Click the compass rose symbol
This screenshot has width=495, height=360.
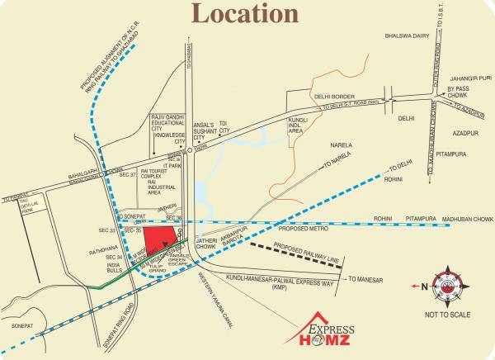click(445, 285)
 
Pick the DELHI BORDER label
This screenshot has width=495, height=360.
click(333, 96)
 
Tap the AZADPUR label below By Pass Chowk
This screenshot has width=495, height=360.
click(463, 131)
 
